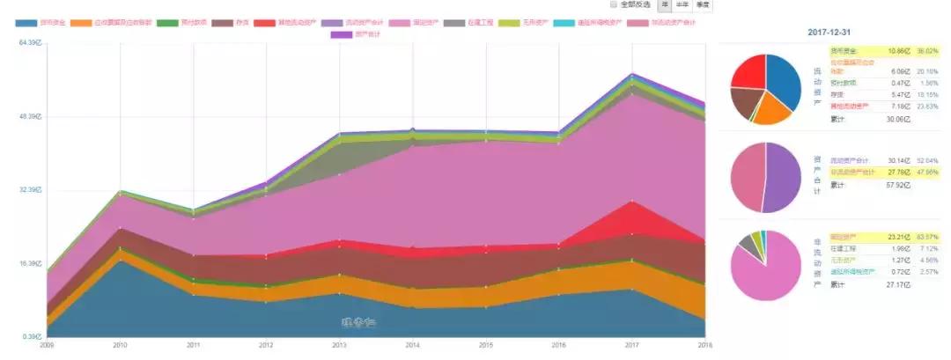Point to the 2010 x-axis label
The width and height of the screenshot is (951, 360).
pos(120,345)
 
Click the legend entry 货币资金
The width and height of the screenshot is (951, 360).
pos(40,21)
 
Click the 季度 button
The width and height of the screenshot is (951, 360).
pos(701,4)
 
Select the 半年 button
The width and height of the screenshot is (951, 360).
pos(682,4)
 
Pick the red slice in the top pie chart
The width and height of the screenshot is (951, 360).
pos(749,71)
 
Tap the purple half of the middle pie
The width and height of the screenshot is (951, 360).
pos(782,177)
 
